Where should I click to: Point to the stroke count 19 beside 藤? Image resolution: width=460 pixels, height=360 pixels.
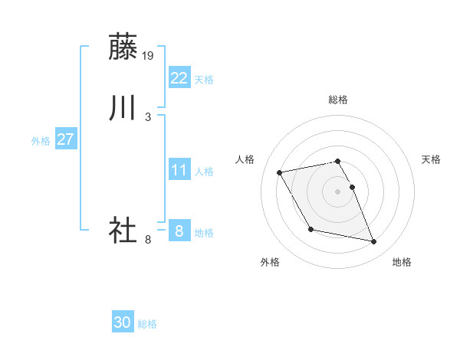coord(149,55)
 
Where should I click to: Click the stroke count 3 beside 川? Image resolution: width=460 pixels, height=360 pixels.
coord(148,116)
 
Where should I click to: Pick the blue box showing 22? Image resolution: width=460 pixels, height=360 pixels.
coord(179,78)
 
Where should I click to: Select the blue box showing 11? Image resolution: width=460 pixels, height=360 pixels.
coord(179,170)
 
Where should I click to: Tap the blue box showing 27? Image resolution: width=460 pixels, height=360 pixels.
coord(65,139)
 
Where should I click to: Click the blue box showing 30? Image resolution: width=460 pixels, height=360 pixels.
coord(123,323)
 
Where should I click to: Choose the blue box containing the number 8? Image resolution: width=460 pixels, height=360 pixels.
coord(179,231)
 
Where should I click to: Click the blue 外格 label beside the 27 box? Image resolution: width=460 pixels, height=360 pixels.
coord(41,141)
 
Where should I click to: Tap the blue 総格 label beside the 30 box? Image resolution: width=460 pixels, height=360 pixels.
coord(147,325)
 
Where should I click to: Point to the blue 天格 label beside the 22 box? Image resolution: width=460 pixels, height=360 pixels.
coord(204,80)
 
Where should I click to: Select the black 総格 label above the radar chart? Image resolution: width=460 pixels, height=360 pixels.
coord(338,100)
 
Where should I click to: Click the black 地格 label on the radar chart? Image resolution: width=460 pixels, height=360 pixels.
coord(402,263)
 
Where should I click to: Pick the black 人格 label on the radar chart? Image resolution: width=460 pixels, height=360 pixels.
coord(245,159)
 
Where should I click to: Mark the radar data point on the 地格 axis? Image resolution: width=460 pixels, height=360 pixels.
coord(373,242)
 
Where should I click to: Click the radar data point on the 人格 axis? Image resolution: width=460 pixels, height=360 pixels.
coord(280,172)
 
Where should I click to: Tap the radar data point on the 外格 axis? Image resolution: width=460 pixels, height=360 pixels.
coord(310,230)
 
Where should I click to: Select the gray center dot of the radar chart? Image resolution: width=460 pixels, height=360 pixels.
coord(338,191)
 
